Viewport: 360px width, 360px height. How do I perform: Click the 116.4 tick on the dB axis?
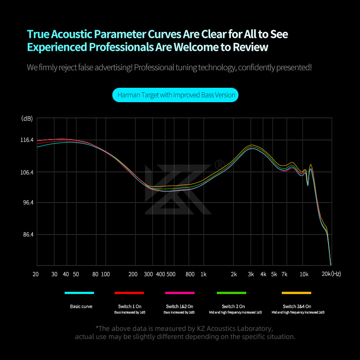(x=27, y=140)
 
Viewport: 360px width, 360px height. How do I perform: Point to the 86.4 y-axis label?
(x=27, y=235)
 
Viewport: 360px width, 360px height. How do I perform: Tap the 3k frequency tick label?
(x=251, y=274)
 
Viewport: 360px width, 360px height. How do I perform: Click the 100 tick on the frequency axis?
(x=105, y=274)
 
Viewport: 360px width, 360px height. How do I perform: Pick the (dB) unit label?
(x=27, y=119)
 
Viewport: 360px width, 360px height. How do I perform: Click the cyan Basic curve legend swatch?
(x=79, y=293)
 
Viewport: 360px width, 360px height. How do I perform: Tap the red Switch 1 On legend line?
(x=129, y=293)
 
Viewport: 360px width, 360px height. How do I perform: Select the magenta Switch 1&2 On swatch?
(x=180, y=293)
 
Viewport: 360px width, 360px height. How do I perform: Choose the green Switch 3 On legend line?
(x=232, y=293)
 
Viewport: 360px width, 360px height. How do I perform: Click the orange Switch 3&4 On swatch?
(x=297, y=293)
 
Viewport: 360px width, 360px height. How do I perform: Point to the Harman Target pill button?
(x=175, y=95)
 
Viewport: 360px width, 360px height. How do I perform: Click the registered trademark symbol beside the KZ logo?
(x=220, y=164)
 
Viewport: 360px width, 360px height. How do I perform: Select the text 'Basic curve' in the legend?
(x=81, y=306)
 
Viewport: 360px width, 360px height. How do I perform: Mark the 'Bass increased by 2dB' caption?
(x=180, y=312)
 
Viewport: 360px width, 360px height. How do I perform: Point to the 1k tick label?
(x=203, y=274)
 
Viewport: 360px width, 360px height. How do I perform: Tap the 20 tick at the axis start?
(x=36, y=274)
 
